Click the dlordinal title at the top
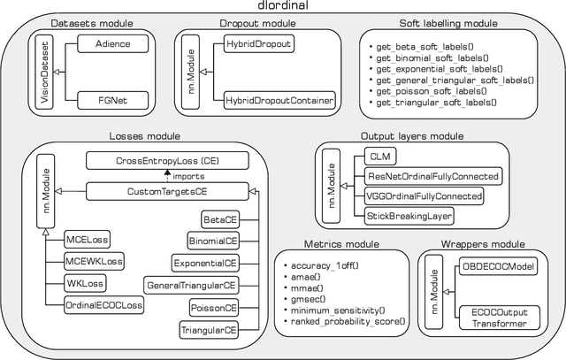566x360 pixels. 283,8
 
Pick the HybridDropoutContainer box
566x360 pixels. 279,102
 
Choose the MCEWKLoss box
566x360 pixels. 95,262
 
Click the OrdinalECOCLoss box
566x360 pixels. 104,304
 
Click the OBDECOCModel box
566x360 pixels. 497,268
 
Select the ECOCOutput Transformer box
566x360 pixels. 497,317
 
